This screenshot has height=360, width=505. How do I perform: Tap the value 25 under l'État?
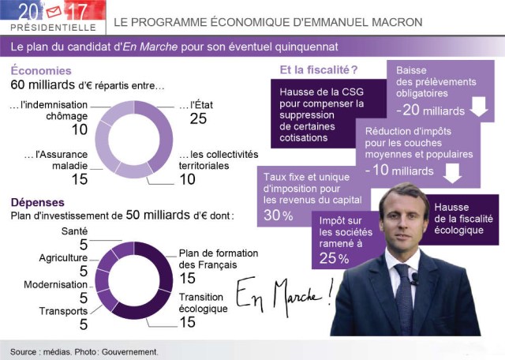tap(198, 118)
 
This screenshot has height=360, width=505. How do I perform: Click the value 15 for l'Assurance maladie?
tap(79, 179)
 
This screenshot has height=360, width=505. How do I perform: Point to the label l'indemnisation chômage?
tap(48, 111)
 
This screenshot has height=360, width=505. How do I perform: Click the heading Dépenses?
tap(38, 201)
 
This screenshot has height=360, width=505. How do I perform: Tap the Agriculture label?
tap(63, 257)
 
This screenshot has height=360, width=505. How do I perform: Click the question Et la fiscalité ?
tap(319, 70)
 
